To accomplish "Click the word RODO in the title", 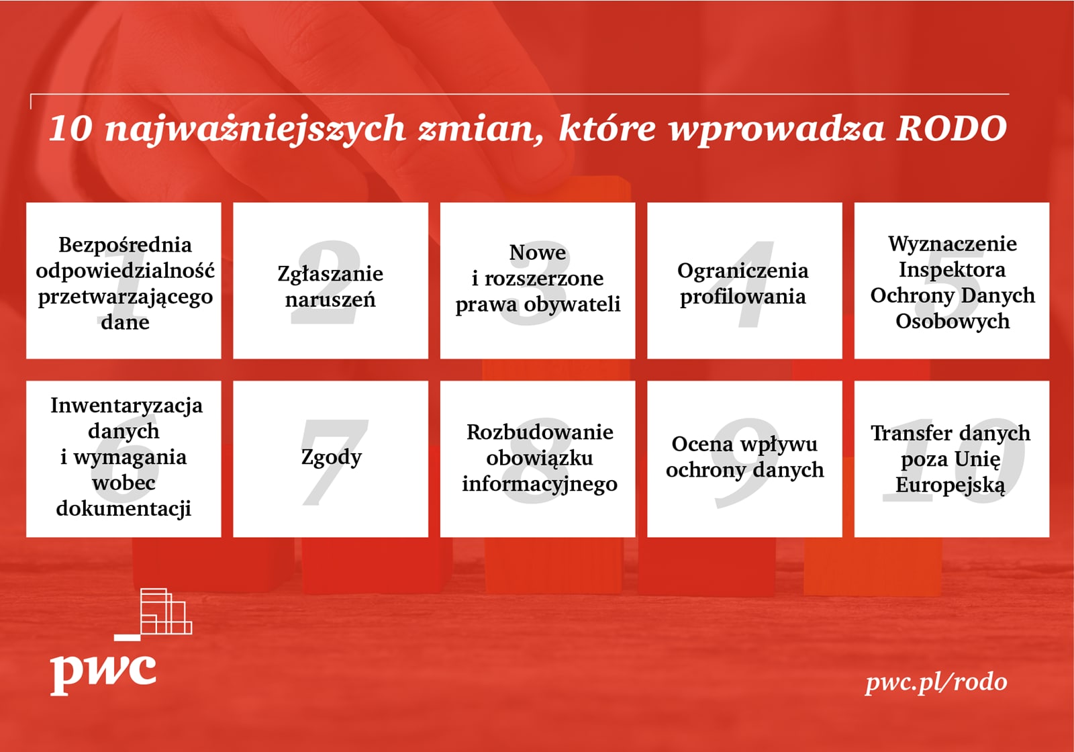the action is pyautogui.click(x=952, y=128).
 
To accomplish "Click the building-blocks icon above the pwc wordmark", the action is pyautogui.click(x=153, y=614).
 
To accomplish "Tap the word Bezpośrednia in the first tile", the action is pyautogui.click(x=125, y=245).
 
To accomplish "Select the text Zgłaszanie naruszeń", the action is pyautogui.click(x=330, y=287).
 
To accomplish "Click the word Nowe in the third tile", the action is pyautogui.click(x=538, y=252).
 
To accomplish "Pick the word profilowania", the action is pyautogui.click(x=742, y=296).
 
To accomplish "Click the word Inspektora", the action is pyautogui.click(x=952, y=269).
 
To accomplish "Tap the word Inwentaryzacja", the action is pyautogui.click(x=127, y=406).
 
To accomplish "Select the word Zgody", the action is pyautogui.click(x=332, y=457).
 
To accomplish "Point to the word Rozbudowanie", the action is pyautogui.click(x=540, y=432).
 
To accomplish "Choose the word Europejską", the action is pyautogui.click(x=950, y=485).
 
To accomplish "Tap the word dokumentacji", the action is pyautogui.click(x=124, y=509).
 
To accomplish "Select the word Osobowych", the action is pyautogui.click(x=953, y=321).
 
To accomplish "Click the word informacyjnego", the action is pyautogui.click(x=540, y=484).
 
